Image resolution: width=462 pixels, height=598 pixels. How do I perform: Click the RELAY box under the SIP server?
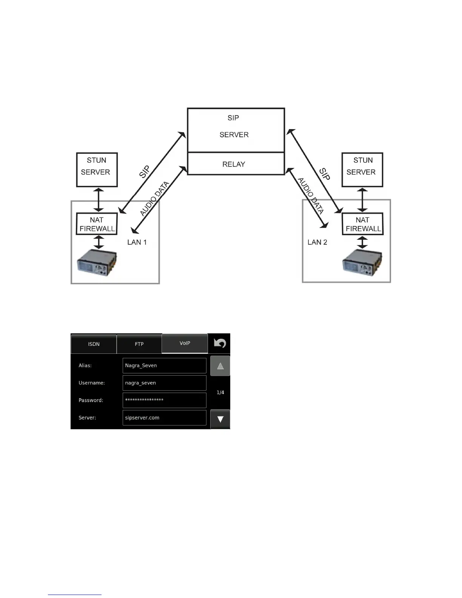(236, 164)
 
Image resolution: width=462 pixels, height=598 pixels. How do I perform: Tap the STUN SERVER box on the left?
(97, 170)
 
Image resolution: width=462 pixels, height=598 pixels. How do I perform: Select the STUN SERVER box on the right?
(362, 170)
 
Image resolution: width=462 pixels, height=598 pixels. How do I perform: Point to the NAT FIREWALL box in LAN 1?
(97, 224)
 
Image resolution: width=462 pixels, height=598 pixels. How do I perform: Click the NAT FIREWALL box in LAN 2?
(362, 224)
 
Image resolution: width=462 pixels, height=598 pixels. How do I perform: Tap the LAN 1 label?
(137, 242)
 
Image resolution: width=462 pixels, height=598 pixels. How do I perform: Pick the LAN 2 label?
(317, 242)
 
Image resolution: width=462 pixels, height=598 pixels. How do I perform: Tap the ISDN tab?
(94, 344)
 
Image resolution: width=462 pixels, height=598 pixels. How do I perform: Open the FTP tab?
(139, 344)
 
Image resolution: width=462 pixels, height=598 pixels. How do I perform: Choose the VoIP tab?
(185, 343)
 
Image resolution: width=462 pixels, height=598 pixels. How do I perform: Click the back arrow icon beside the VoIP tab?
(220, 343)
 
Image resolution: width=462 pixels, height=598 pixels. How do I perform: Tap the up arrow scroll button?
(220, 366)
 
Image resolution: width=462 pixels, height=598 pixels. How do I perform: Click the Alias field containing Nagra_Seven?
(165, 365)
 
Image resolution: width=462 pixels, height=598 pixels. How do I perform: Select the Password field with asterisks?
(165, 400)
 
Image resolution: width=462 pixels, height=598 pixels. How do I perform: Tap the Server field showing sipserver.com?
(165, 418)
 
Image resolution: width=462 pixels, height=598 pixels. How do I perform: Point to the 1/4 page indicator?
(220, 393)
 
